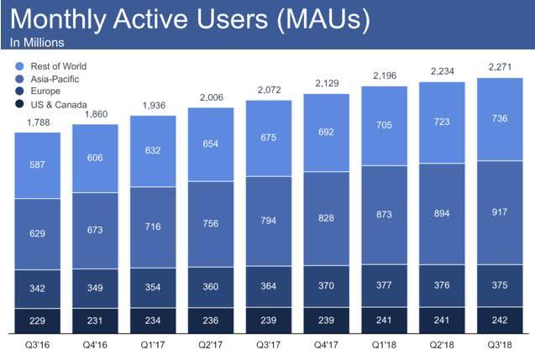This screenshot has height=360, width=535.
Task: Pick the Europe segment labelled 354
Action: click(153, 287)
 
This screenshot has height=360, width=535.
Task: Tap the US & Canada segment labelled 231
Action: click(95, 321)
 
